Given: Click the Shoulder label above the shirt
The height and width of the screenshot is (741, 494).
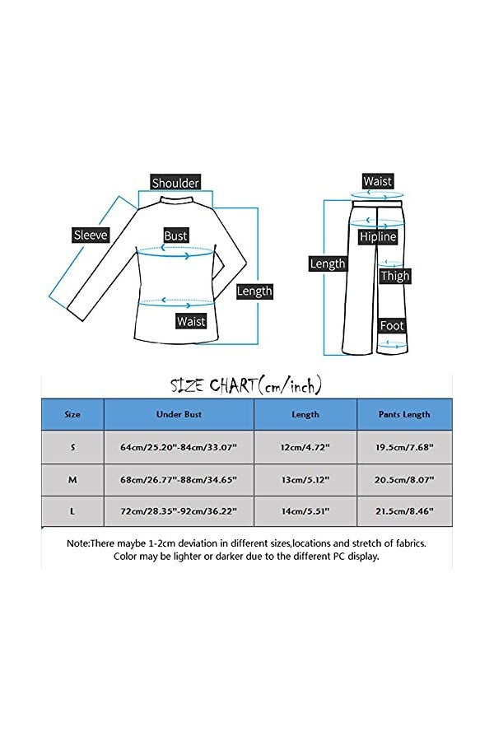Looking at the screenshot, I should click(x=175, y=183).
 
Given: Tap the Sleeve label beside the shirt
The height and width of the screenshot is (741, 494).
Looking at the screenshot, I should click(x=91, y=235).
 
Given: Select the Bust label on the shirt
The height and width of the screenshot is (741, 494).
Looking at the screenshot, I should click(x=175, y=235).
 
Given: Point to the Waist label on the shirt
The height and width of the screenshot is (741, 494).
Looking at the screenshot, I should click(x=191, y=321).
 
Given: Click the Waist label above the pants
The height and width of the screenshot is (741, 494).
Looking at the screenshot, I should click(x=378, y=181).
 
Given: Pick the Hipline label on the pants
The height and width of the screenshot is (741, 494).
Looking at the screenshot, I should click(x=378, y=237).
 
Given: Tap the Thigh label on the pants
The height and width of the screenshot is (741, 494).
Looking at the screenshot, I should click(x=394, y=277).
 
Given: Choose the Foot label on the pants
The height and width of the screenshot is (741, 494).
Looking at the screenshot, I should click(x=392, y=326).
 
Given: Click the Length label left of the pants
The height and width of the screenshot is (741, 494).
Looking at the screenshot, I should click(x=327, y=264).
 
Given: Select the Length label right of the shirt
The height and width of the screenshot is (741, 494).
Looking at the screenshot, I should click(x=254, y=291).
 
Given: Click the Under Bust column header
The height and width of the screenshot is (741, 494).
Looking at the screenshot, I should click(x=179, y=415).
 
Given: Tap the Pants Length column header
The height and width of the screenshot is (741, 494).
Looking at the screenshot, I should click(x=404, y=415).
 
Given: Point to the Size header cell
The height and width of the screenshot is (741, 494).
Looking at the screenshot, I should click(x=72, y=415).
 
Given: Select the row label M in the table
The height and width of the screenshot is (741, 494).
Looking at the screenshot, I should click(x=72, y=479).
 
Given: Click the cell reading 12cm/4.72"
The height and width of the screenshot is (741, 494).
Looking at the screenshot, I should click(x=305, y=447).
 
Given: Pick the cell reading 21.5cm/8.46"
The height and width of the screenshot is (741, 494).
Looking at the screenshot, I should click(x=404, y=511).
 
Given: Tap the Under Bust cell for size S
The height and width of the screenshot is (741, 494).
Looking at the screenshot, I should click(x=179, y=447).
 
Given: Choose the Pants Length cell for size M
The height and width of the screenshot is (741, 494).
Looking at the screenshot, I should click(x=404, y=479).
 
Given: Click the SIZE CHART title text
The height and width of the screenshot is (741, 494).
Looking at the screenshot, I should click(x=245, y=385).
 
